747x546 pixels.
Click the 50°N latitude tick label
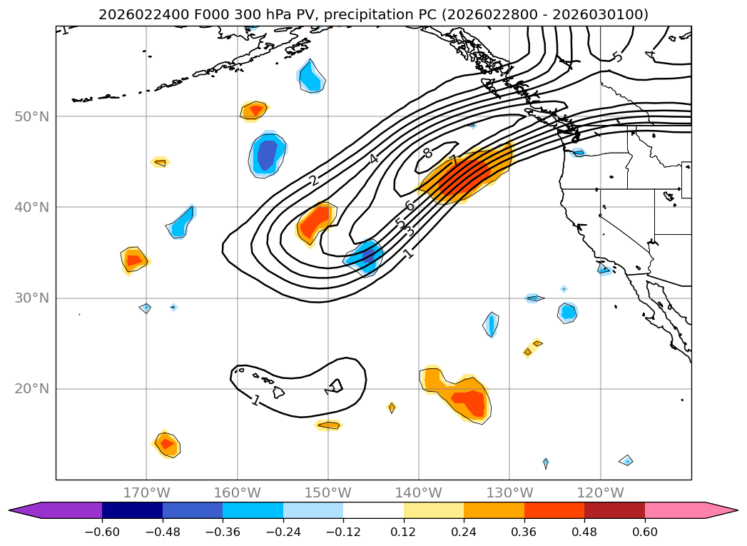(31, 116)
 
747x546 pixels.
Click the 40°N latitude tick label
(31, 207)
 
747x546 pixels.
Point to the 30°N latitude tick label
(31, 298)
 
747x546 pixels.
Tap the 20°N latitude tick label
(31, 389)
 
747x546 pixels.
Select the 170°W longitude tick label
(146, 492)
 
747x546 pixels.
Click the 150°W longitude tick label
(328, 492)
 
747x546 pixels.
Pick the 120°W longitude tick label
(600, 492)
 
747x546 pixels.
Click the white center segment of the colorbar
(373, 510)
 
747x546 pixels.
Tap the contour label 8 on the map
(427, 153)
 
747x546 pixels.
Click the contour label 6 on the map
(410, 206)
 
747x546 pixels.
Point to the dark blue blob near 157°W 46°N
(267, 154)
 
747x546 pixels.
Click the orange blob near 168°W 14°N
(167, 444)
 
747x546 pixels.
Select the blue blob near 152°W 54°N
(312, 76)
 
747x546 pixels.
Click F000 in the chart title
(188, 14)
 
